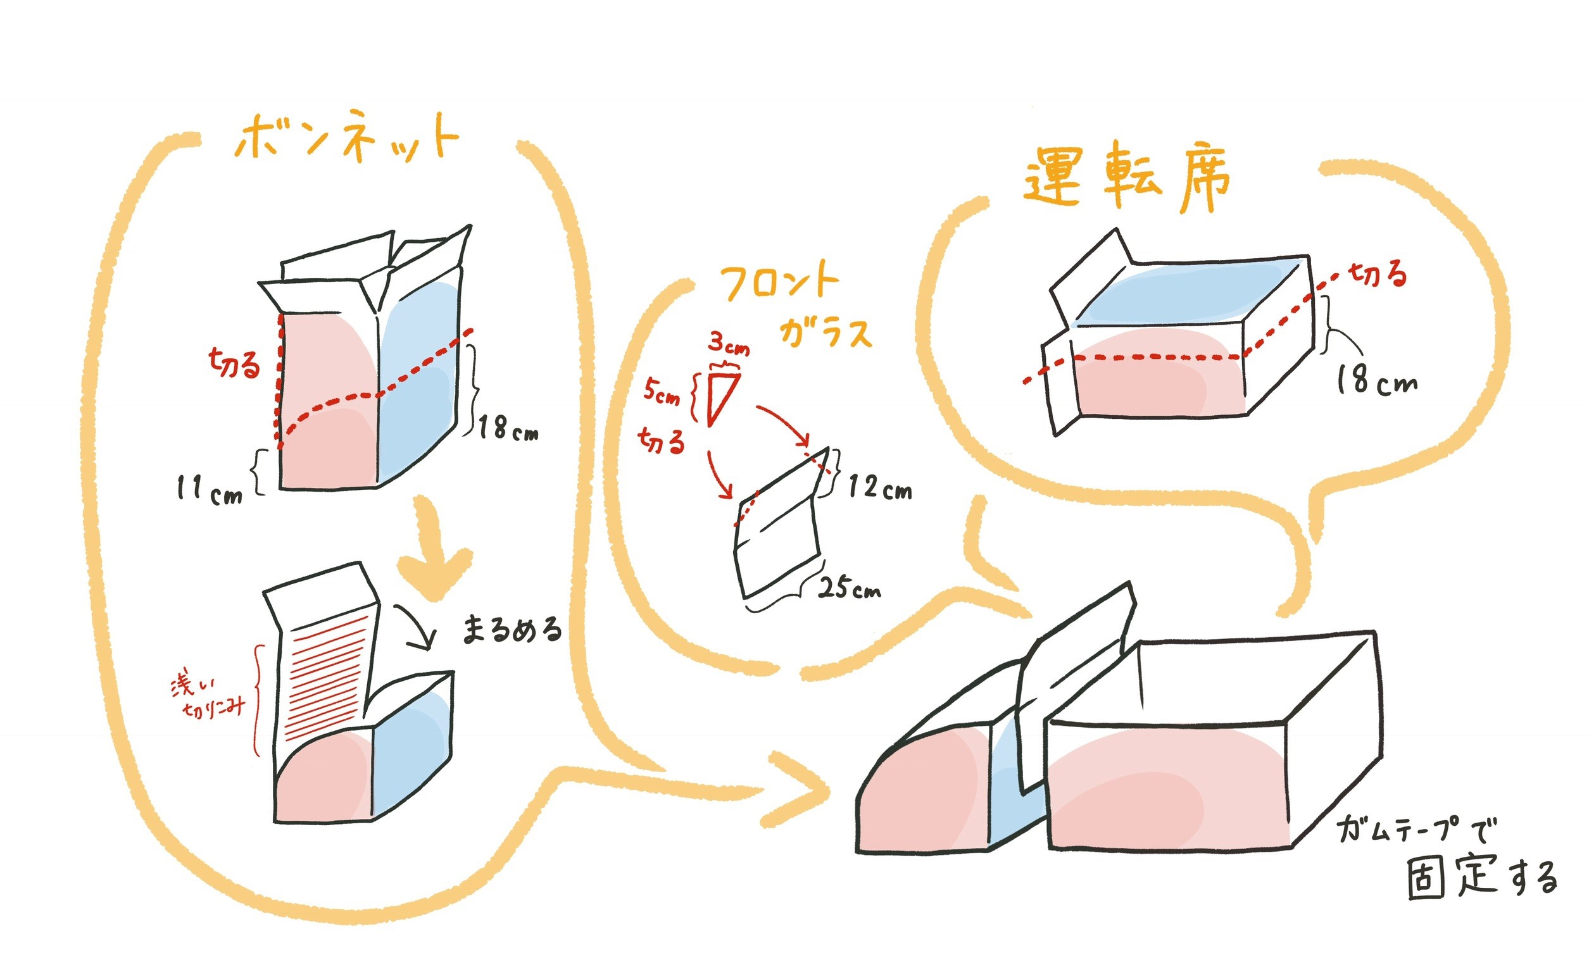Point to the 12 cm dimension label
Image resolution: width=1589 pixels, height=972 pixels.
point(879,487)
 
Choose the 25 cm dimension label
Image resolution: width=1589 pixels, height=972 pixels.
point(849,588)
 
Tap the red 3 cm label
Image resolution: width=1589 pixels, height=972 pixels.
point(729,343)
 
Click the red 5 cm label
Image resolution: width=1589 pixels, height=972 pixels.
point(662,392)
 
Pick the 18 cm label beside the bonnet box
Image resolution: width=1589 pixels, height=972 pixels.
point(508,428)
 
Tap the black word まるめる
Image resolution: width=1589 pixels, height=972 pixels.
point(512,630)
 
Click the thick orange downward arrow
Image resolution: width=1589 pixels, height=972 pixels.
point(434,551)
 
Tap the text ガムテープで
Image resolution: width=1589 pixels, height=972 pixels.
point(1416,830)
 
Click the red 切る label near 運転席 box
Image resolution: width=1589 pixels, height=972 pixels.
point(1378,275)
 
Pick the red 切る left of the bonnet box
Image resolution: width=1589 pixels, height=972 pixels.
point(234,364)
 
